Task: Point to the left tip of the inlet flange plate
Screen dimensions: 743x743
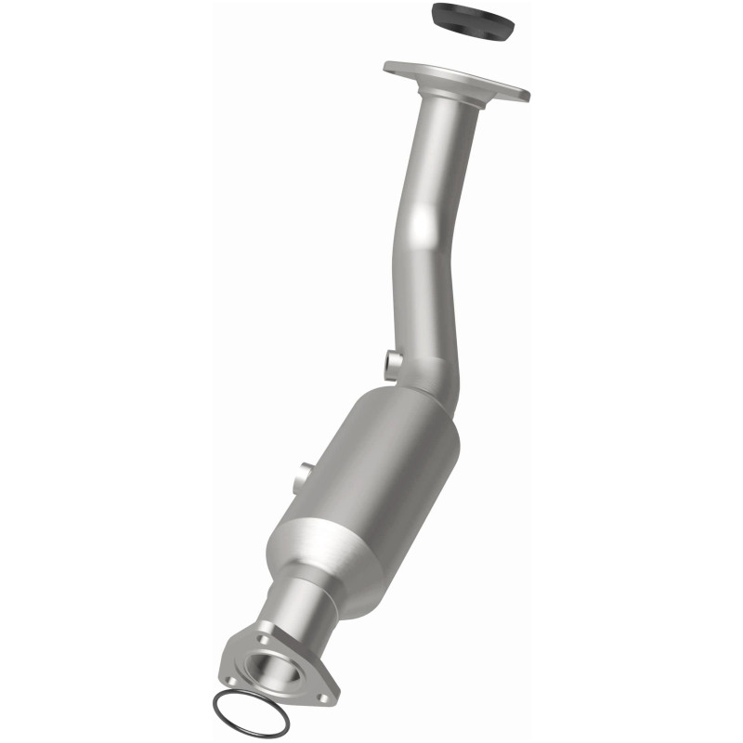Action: pyautogui.click(x=389, y=66)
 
